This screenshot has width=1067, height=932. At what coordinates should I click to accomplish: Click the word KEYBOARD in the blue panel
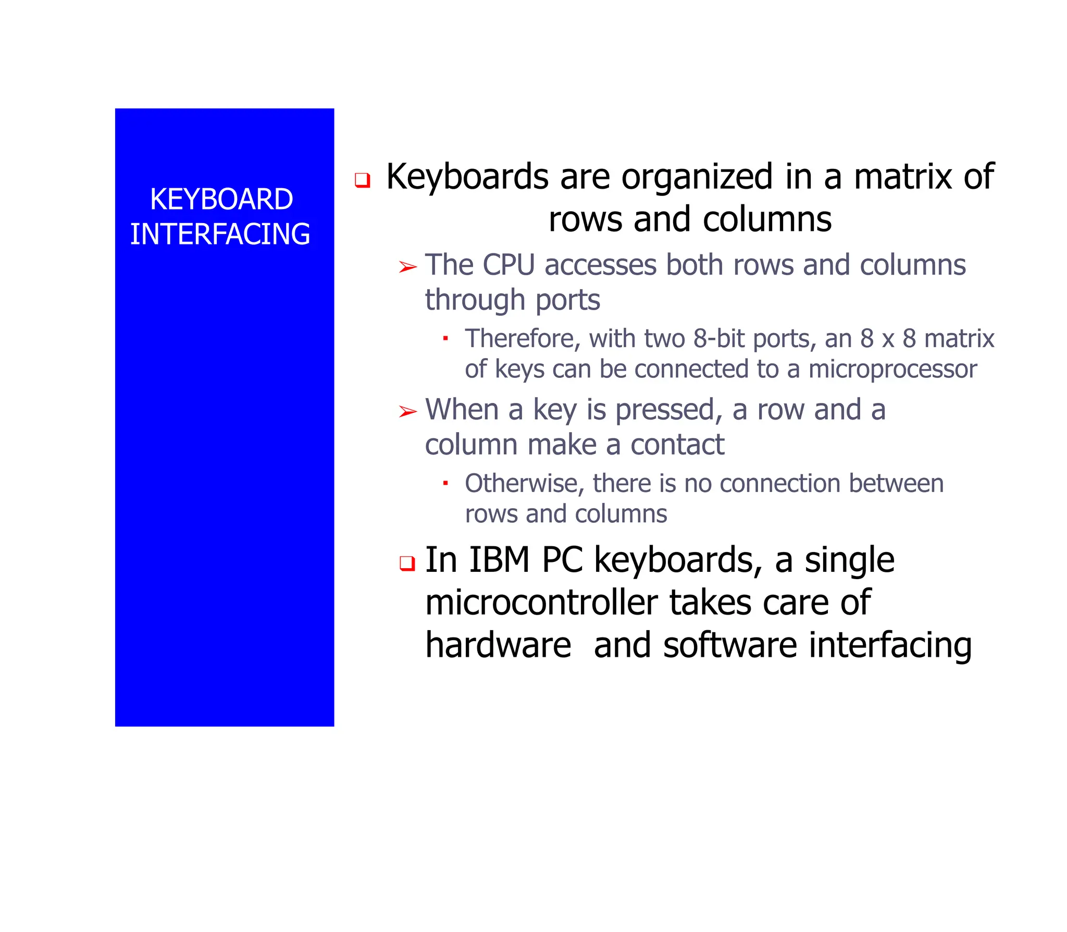click(221, 199)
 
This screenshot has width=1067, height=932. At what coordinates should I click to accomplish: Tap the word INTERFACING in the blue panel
click(220, 234)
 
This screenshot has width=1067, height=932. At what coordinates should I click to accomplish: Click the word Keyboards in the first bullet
click(467, 177)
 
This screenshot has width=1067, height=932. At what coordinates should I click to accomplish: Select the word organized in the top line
click(697, 177)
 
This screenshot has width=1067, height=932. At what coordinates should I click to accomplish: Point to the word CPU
click(508, 265)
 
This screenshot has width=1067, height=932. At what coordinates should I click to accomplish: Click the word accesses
click(600, 265)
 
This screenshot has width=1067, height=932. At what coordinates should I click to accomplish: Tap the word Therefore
click(521, 339)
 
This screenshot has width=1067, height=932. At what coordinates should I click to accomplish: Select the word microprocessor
click(892, 369)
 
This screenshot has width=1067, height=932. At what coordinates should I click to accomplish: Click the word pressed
click(668, 410)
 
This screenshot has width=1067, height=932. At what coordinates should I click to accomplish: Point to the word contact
click(677, 445)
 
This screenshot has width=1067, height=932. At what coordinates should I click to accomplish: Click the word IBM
click(499, 560)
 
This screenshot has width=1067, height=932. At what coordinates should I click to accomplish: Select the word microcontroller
click(542, 603)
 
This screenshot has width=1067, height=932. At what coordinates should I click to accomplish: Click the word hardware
click(498, 645)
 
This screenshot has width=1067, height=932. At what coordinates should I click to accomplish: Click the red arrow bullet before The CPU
click(407, 267)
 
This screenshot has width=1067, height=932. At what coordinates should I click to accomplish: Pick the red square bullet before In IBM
click(407, 563)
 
